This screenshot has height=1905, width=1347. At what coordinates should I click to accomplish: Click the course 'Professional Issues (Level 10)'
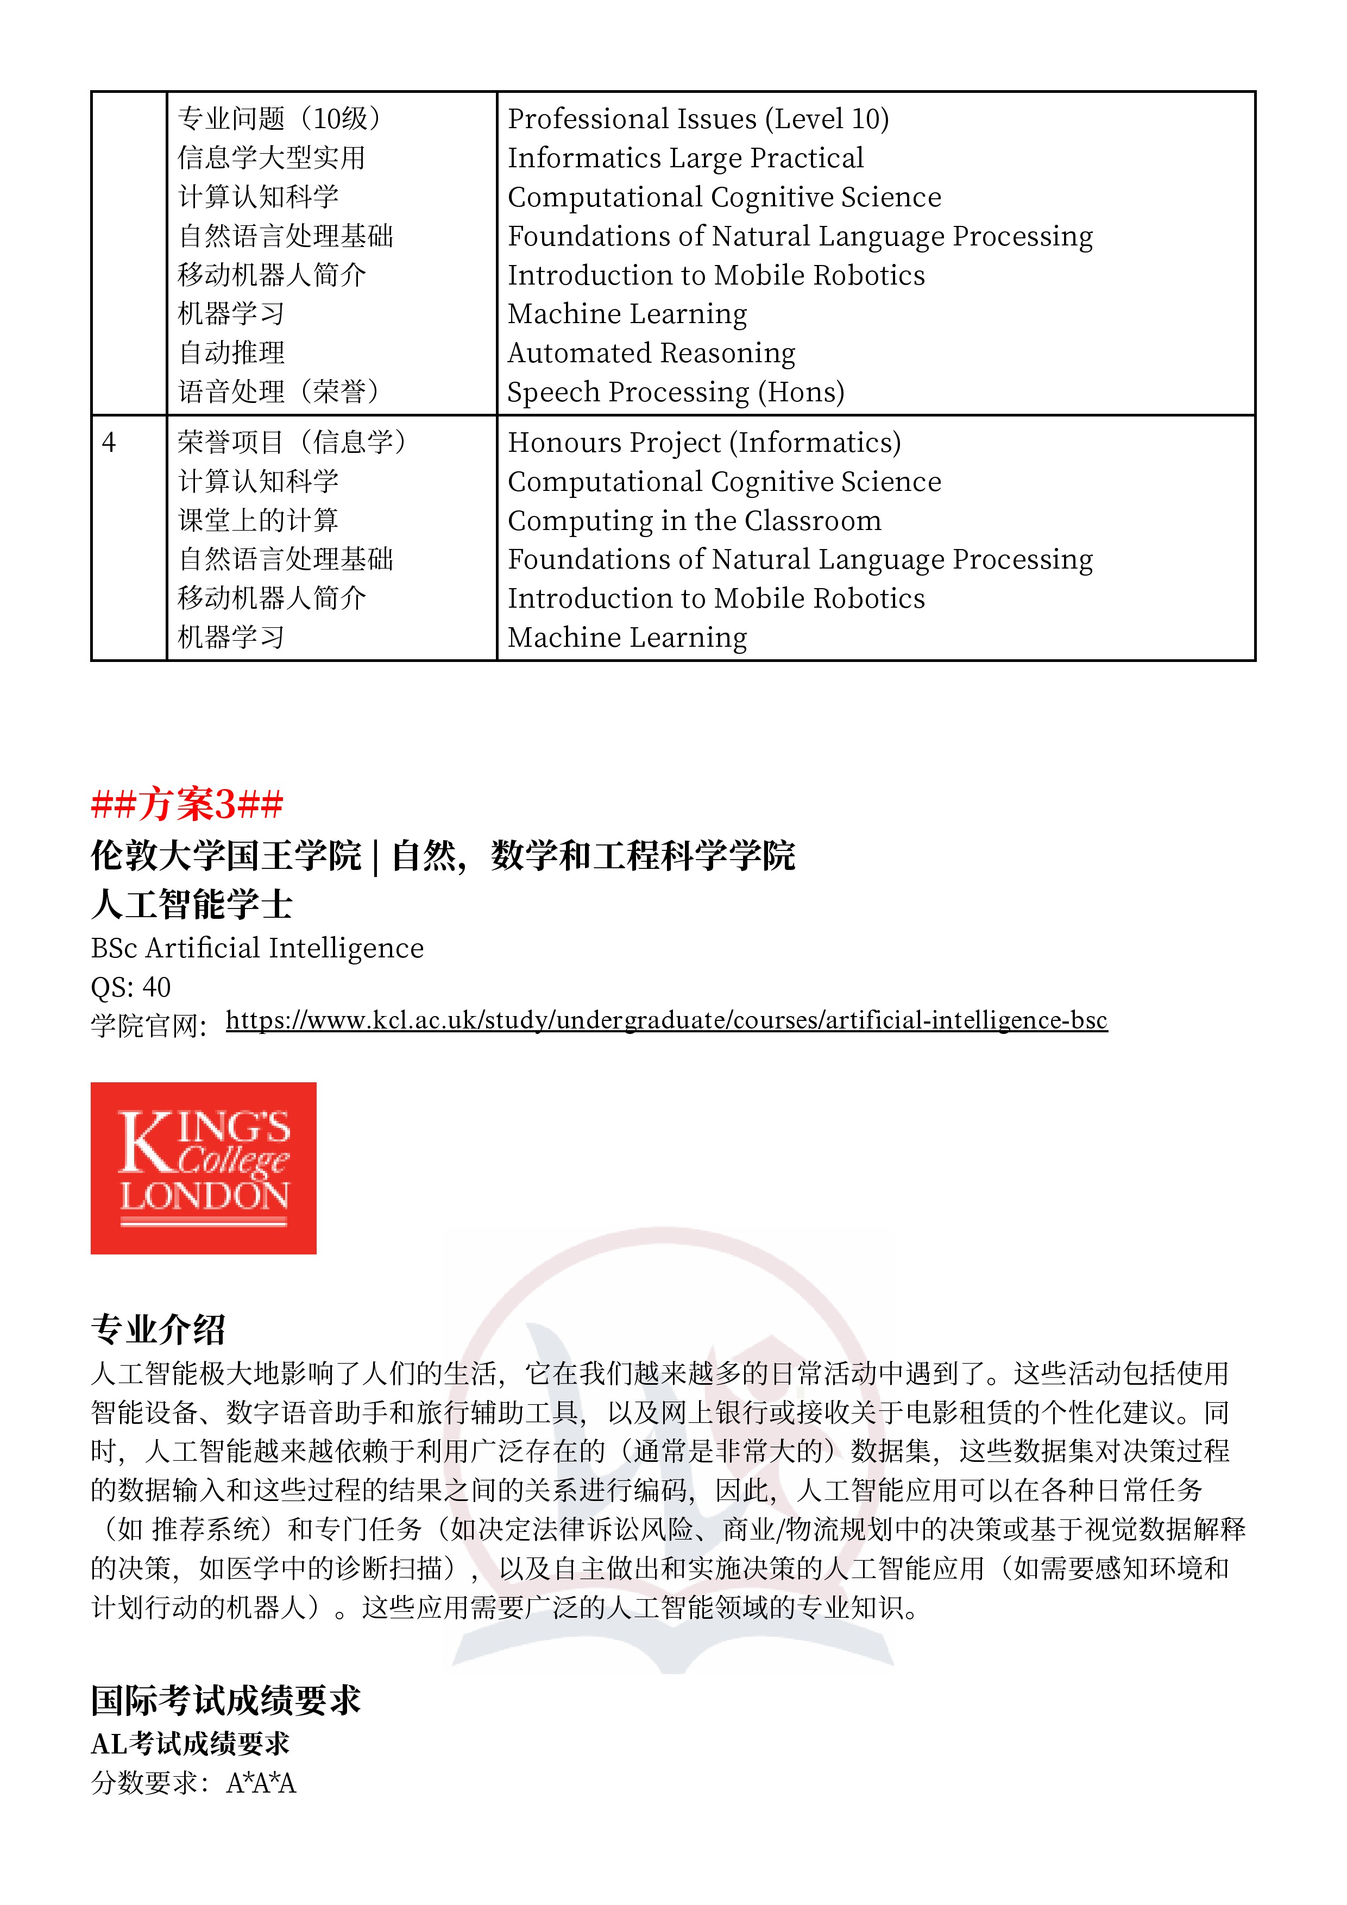698,118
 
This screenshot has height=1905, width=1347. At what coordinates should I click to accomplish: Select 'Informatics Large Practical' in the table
685,157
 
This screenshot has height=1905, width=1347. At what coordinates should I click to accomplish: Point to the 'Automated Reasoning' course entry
652,352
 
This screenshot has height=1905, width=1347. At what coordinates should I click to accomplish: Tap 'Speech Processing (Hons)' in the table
676,392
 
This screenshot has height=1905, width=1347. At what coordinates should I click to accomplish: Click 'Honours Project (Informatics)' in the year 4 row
704,442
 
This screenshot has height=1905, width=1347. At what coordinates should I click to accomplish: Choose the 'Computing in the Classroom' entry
694,520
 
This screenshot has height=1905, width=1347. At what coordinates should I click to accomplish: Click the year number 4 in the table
109,442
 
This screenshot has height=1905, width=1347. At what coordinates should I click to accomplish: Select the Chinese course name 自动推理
231,352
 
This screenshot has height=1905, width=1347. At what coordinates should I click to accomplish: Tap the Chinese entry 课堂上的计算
258,520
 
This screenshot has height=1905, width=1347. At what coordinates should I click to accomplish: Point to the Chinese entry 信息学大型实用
272,157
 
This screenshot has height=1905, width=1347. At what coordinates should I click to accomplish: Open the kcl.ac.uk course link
666,1020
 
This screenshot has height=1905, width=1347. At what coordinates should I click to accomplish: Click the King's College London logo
203,1168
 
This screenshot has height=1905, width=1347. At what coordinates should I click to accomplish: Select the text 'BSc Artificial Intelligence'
257,948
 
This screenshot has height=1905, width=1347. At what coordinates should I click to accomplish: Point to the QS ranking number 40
157,987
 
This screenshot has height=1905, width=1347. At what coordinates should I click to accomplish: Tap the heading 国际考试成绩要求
226,1700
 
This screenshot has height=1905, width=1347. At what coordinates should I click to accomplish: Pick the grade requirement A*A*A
261,1782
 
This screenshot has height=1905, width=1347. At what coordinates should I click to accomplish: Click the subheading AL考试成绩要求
190,1743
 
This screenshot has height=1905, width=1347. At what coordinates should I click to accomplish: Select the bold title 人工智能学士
192,904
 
